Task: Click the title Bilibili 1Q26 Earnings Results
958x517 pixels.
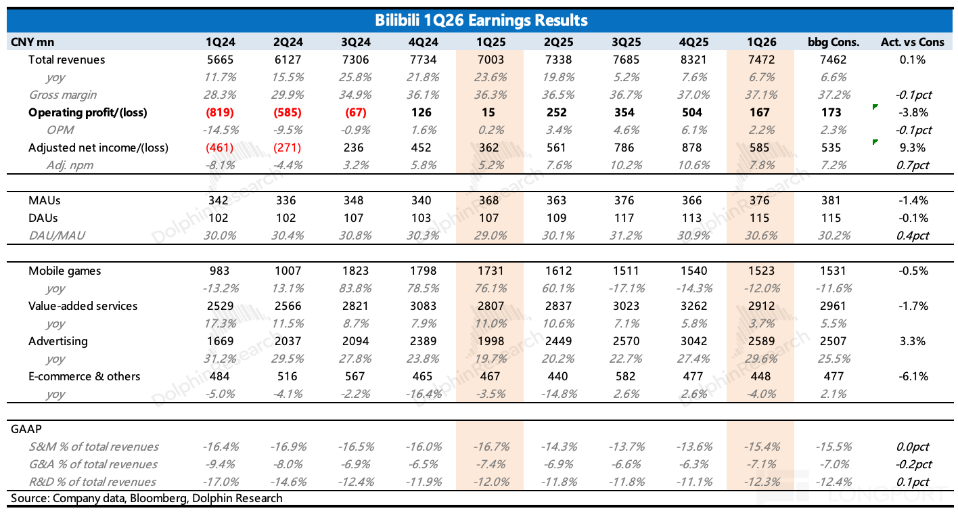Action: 481,20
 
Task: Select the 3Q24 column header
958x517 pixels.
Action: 355,43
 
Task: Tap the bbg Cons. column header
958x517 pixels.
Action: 833,43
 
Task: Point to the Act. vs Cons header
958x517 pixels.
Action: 912,43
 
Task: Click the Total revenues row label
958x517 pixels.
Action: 67,60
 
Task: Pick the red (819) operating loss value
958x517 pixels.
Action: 220,112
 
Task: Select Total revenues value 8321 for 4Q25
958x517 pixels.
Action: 693,60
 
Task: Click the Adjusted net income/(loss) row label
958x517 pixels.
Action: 98,148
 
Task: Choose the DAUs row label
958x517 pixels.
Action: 43,218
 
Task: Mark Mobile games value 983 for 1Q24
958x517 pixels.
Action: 219,271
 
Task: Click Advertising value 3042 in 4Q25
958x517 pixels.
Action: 693,341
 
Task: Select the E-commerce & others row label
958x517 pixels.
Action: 85,376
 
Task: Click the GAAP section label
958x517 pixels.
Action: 26,429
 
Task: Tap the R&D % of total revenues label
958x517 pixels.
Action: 93,482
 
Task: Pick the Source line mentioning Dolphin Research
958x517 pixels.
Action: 147,498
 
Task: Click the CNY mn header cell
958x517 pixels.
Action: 32,43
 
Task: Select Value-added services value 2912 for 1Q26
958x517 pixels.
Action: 761,306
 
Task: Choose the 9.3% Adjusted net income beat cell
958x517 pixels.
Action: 913,148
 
